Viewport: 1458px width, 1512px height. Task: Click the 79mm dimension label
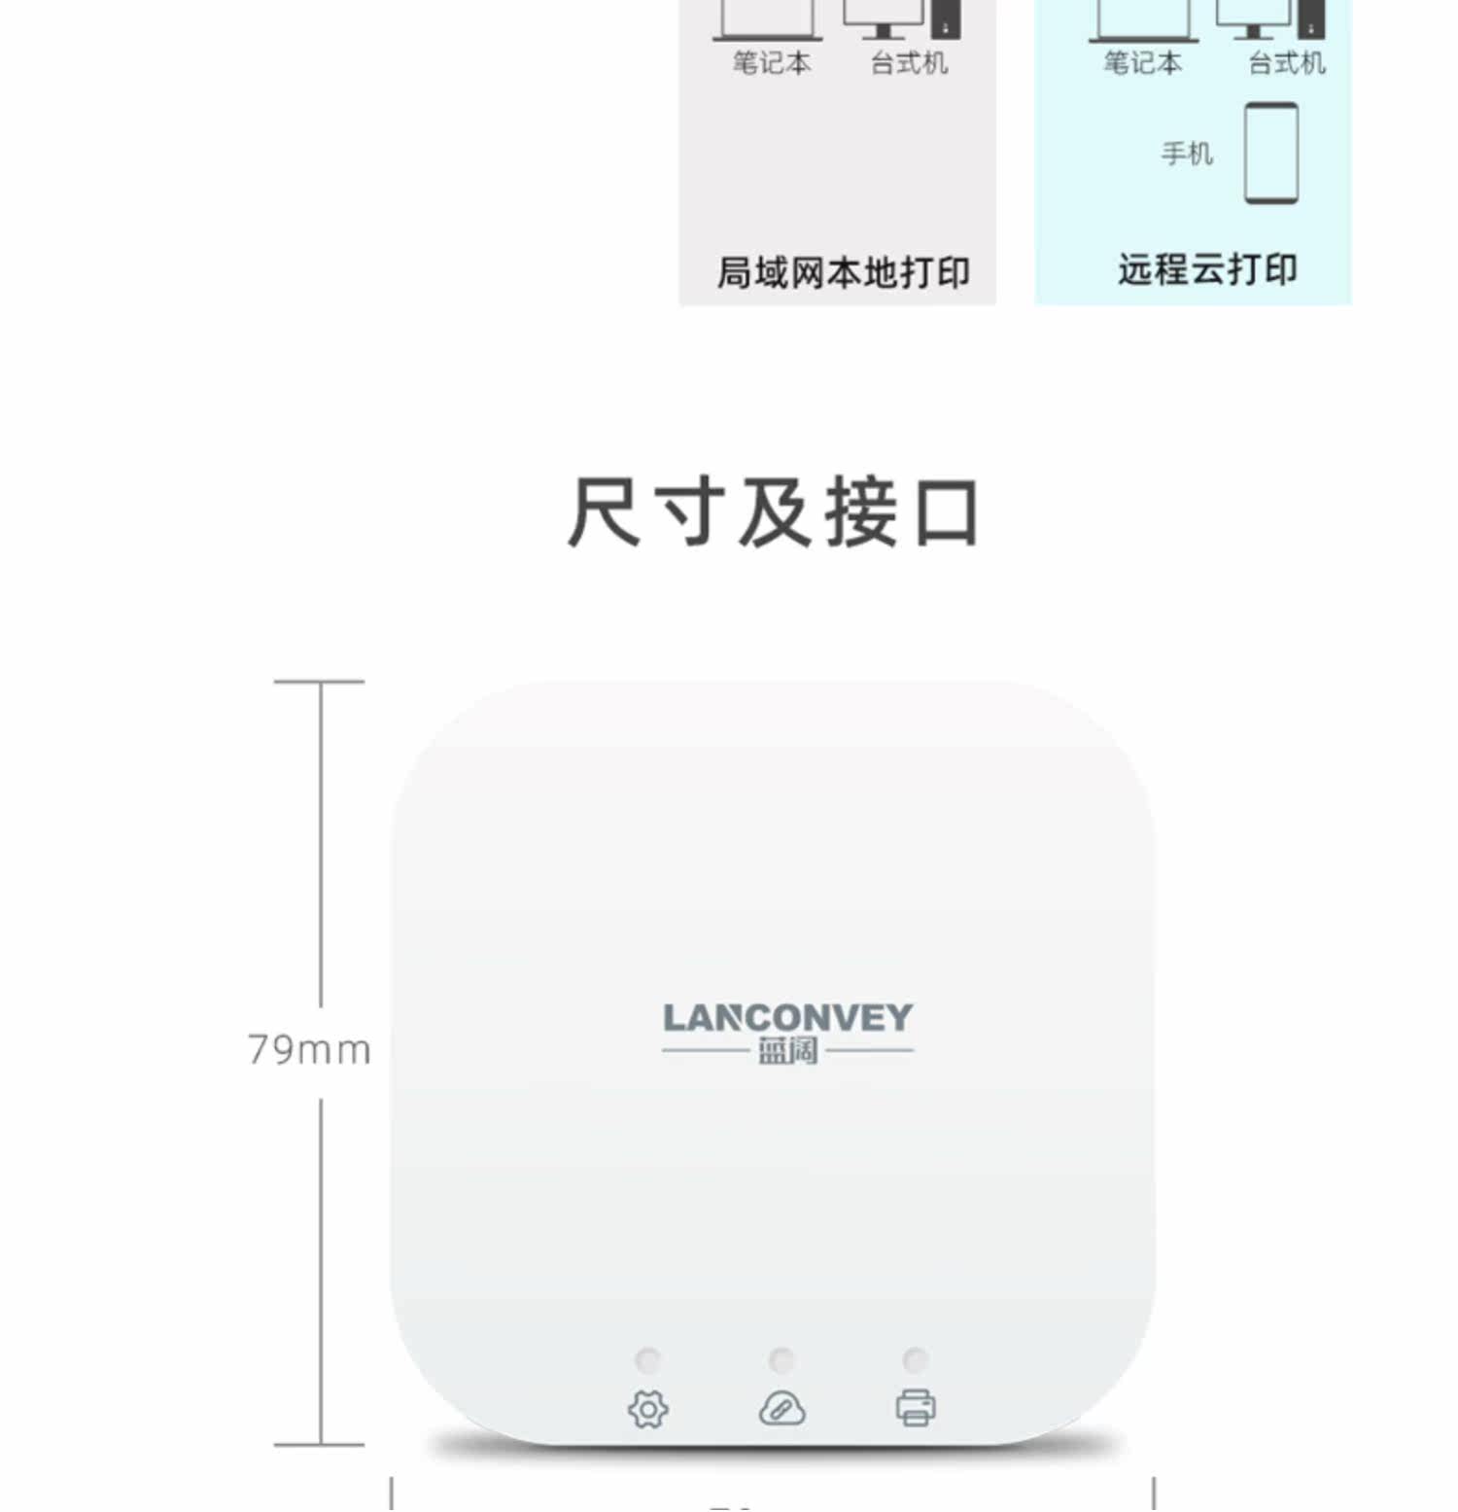click(x=309, y=1050)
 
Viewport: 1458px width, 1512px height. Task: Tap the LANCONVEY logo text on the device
click(x=787, y=1018)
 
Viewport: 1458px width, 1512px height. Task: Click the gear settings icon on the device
click(x=648, y=1409)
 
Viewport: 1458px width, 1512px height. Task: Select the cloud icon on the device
click(x=781, y=1408)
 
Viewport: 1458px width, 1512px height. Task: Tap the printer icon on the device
click(x=916, y=1407)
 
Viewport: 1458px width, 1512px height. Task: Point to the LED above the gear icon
click(x=647, y=1358)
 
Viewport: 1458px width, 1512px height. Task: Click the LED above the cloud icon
click(x=781, y=1358)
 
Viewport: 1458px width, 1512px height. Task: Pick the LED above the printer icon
click(x=915, y=1358)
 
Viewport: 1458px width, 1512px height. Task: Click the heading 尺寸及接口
click(x=773, y=512)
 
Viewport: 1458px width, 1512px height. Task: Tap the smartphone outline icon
click(x=1271, y=154)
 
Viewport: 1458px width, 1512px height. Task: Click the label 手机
click(x=1187, y=154)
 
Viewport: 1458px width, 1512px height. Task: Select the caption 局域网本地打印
click(x=843, y=273)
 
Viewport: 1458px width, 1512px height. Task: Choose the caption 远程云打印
click(x=1207, y=269)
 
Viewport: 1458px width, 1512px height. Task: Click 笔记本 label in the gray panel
click(x=771, y=63)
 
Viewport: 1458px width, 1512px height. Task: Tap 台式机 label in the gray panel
click(x=909, y=63)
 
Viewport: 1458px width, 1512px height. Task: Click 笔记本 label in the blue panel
click(x=1142, y=63)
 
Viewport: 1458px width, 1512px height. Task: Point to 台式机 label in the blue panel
click(x=1287, y=63)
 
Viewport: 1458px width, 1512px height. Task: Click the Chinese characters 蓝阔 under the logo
click(x=787, y=1051)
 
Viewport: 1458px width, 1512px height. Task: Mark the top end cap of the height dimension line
click(x=320, y=682)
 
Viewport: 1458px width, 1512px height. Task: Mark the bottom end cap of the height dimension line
click(x=320, y=1445)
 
